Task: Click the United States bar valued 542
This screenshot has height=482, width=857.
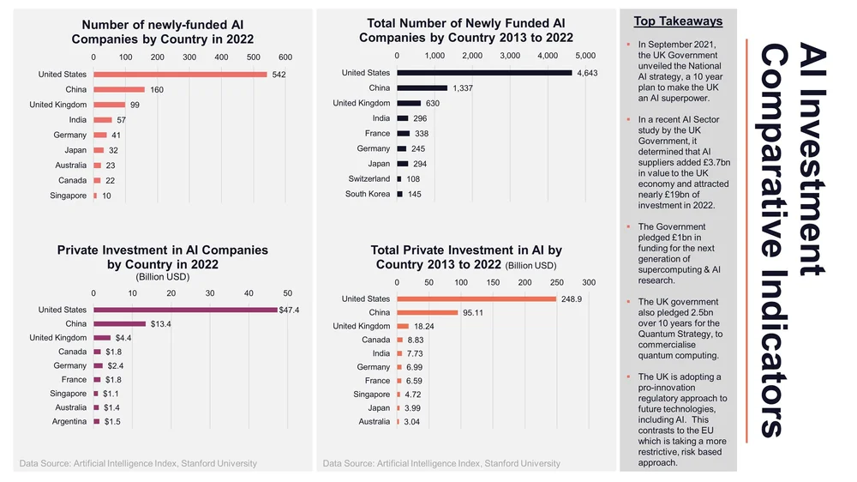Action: coord(180,75)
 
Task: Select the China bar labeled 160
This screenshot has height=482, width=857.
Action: coord(119,89)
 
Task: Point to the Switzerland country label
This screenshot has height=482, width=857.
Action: coord(369,178)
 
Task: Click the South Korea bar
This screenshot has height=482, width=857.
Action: coord(399,194)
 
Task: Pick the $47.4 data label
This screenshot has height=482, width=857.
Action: coord(289,310)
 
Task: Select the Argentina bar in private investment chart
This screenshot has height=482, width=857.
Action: coord(96,422)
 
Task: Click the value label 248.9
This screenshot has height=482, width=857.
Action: coord(572,298)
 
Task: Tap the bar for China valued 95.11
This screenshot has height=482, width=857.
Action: coord(427,312)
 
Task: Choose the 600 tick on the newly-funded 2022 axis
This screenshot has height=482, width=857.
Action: coord(285,57)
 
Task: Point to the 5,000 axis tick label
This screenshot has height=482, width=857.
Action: coord(584,55)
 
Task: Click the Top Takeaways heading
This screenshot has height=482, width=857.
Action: coord(678,21)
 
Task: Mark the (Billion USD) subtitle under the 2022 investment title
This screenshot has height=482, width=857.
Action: coord(162,277)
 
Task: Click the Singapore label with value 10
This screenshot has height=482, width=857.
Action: coord(69,196)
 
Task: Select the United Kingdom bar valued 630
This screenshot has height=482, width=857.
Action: coord(409,103)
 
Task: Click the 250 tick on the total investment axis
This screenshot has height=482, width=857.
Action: coord(556,282)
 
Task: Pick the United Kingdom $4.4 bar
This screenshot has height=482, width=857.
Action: coord(102,338)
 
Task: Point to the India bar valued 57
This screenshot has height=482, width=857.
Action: coord(103,120)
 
